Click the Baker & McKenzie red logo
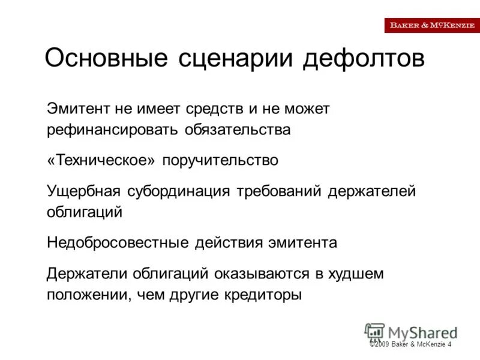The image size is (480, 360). (432, 25)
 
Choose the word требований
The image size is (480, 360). (281, 191)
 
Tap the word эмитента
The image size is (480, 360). (301, 242)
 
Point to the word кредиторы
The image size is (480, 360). (265, 295)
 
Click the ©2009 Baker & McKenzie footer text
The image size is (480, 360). (410, 344)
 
